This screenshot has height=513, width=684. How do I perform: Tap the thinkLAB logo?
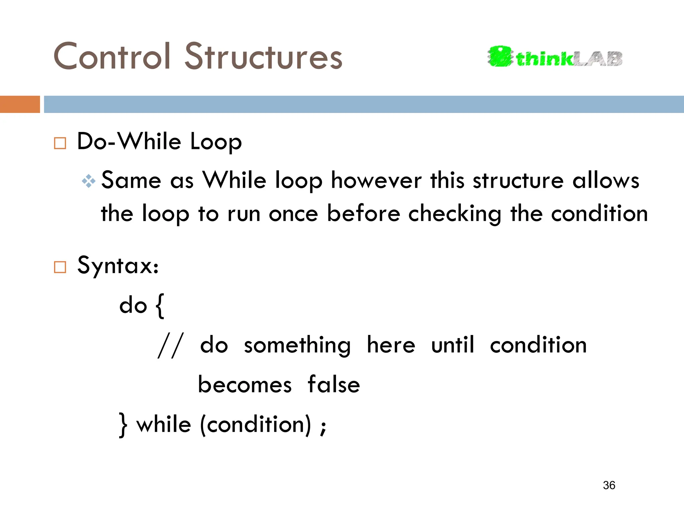(555, 57)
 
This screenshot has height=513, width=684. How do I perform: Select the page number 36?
(609, 485)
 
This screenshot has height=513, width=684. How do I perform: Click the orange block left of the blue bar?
(20, 104)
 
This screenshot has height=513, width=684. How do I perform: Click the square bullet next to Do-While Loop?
(60, 143)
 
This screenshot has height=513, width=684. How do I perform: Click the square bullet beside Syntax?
(60, 267)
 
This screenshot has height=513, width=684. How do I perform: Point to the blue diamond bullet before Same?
(89, 181)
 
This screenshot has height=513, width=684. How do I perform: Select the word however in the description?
(376, 181)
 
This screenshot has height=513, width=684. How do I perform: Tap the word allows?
(606, 181)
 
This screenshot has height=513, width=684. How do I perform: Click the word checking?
(455, 214)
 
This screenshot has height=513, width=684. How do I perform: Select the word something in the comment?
(297, 346)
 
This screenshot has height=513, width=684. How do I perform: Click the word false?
(333, 385)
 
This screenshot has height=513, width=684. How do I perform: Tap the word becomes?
(245, 385)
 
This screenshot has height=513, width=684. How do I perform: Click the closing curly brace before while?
(123, 425)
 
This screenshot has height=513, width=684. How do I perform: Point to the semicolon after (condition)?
(323, 427)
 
